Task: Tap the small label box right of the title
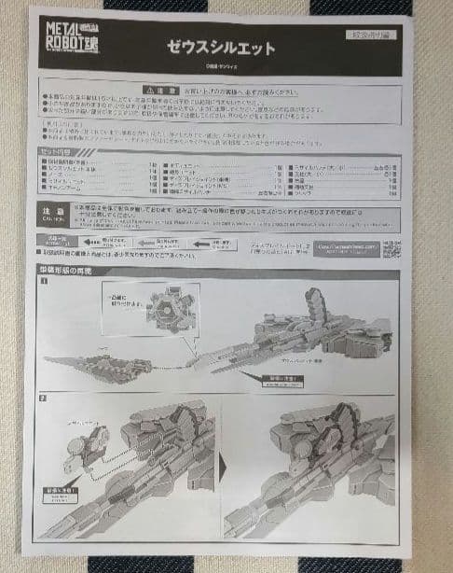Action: pyautogui.click(x=375, y=35)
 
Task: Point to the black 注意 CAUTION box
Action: pyautogui.click(x=54, y=213)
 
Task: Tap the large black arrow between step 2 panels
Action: pyautogui.click(x=224, y=463)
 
